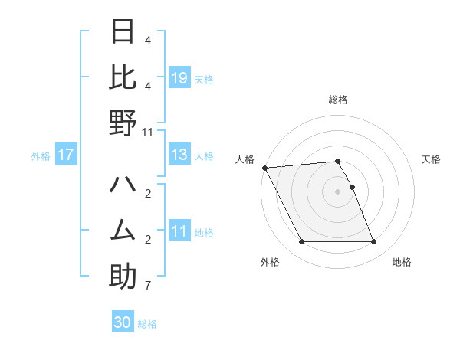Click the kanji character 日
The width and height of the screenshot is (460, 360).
pos(123,31)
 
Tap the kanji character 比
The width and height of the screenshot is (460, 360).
pos(123,77)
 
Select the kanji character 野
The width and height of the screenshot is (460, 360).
pos(123,123)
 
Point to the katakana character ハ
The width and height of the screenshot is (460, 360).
pos(123,185)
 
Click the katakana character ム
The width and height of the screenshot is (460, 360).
pos(123,230)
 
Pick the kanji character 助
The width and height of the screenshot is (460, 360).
pos(123,277)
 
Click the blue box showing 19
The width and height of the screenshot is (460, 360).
pos(179,78)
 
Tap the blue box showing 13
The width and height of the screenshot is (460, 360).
pos(179,155)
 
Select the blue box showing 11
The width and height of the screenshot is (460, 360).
pos(179,231)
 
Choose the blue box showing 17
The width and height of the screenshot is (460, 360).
pos(65,155)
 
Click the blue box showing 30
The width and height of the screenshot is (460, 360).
pos(123,322)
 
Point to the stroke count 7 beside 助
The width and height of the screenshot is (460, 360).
pos(147,286)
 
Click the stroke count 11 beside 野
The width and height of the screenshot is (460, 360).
pos(147,132)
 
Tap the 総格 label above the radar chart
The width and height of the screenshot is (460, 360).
pos(337,100)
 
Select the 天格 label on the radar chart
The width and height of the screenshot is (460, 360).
pos(432,159)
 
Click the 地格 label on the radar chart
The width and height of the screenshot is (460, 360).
pos(402,262)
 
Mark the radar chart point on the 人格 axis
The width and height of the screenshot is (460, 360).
pos(264,167)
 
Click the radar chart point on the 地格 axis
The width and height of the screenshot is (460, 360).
pos(373,242)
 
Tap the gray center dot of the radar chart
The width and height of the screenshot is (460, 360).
pos(337,191)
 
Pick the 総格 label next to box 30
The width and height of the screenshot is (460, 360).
pos(147,324)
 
